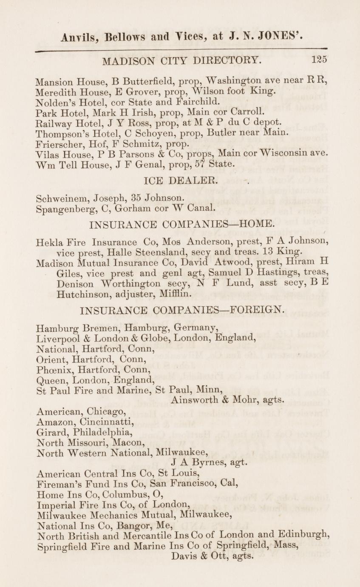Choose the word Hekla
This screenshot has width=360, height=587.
[x=51, y=242]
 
